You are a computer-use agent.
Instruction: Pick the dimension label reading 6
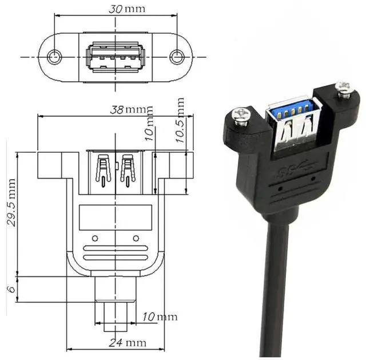click(x=11, y=289)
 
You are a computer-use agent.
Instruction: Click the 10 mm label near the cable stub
click(x=160, y=317)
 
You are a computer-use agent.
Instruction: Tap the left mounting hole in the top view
click(x=55, y=57)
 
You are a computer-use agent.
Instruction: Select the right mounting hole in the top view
click(x=177, y=57)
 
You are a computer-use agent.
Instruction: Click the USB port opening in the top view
click(x=116, y=57)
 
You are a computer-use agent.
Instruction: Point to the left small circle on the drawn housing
click(x=95, y=238)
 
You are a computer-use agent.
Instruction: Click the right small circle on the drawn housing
click(x=136, y=238)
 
